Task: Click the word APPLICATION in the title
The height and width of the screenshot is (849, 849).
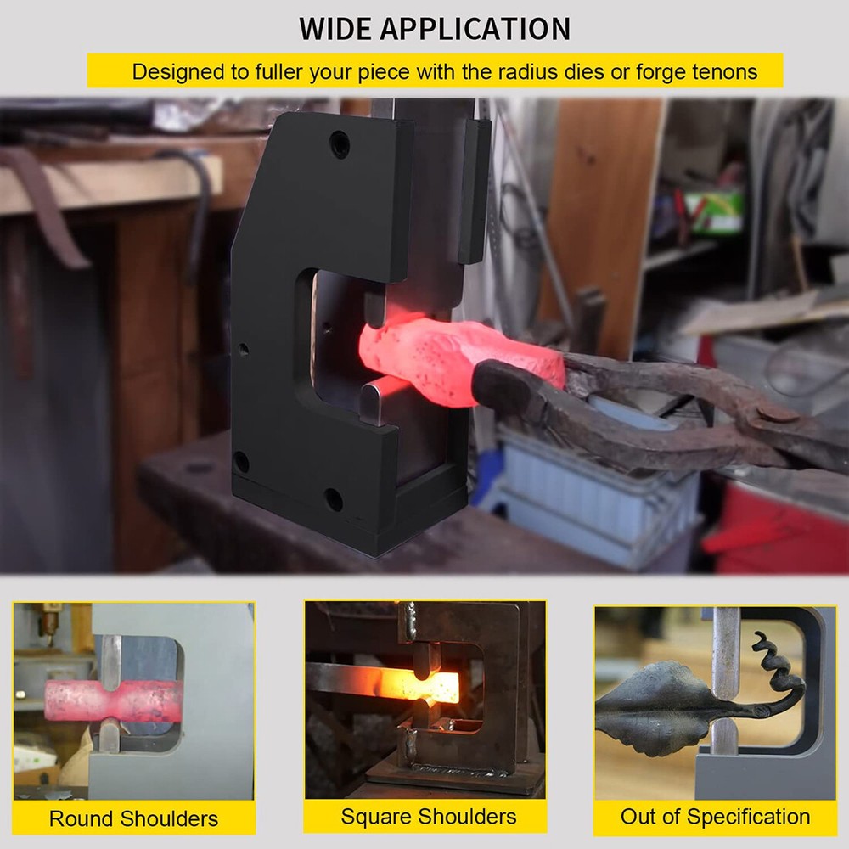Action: pyautogui.click(x=475, y=29)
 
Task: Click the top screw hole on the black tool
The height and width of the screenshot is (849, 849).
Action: pyautogui.click(x=340, y=144)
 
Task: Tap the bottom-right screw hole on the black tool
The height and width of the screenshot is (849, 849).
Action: pyautogui.click(x=333, y=499)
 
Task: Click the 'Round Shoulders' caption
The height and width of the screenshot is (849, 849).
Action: pyautogui.click(x=134, y=818)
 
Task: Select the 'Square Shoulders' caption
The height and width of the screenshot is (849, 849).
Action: pyautogui.click(x=428, y=816)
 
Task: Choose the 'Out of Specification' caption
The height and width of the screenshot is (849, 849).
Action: pyautogui.click(x=715, y=816)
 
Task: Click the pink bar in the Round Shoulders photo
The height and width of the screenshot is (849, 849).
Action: pyautogui.click(x=111, y=700)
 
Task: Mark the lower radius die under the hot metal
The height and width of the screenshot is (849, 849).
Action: pyautogui.click(x=373, y=402)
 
